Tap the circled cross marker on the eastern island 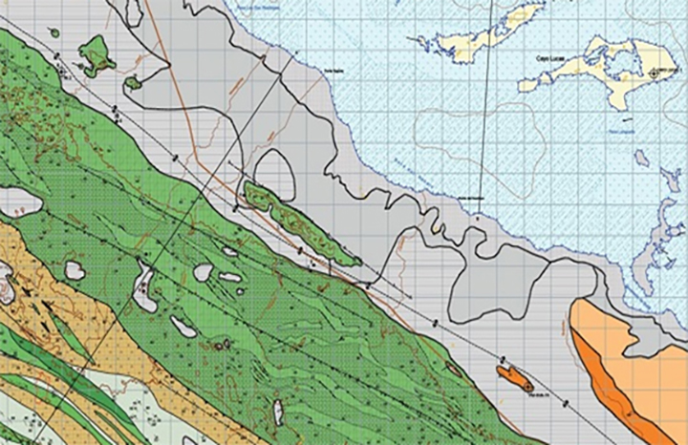[655, 73]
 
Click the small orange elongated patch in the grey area [517, 376]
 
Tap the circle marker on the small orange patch [528, 385]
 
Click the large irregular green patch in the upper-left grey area [96, 54]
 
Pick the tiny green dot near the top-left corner [54, 34]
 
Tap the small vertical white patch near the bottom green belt [278, 413]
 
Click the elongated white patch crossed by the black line [145, 290]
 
